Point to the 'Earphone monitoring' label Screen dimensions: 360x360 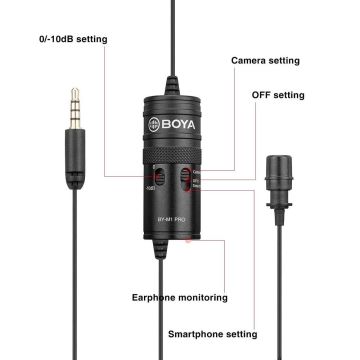pyautogui.click(x=181, y=297)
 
